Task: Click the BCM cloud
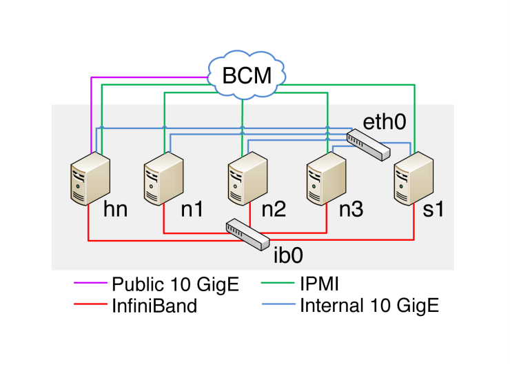247,75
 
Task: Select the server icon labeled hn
90,179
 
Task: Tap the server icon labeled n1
163,179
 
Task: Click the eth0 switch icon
366,145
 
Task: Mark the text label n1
194,210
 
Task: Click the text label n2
274,210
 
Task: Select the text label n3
351,210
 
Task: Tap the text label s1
432,210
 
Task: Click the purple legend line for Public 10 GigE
89,284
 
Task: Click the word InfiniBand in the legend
154,305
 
